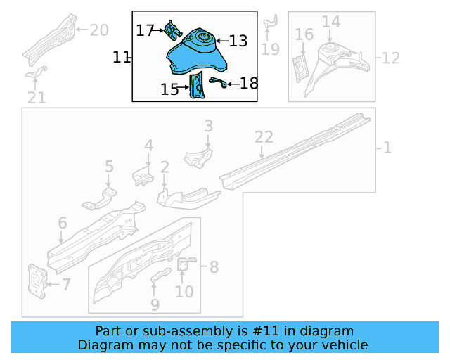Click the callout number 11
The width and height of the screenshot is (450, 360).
(122, 57)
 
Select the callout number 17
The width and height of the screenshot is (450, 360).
(145, 30)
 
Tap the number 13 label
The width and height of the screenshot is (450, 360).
(238, 41)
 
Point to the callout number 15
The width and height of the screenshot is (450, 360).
(169, 89)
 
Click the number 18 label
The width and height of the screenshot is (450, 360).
(249, 84)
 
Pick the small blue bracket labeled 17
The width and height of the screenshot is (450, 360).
(171, 30)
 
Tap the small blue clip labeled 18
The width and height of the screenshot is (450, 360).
(218, 84)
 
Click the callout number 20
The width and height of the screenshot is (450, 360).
(99, 30)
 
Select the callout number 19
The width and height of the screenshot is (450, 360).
(270, 49)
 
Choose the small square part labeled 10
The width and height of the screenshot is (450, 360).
(184, 264)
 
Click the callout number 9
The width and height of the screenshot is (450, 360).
(155, 304)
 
